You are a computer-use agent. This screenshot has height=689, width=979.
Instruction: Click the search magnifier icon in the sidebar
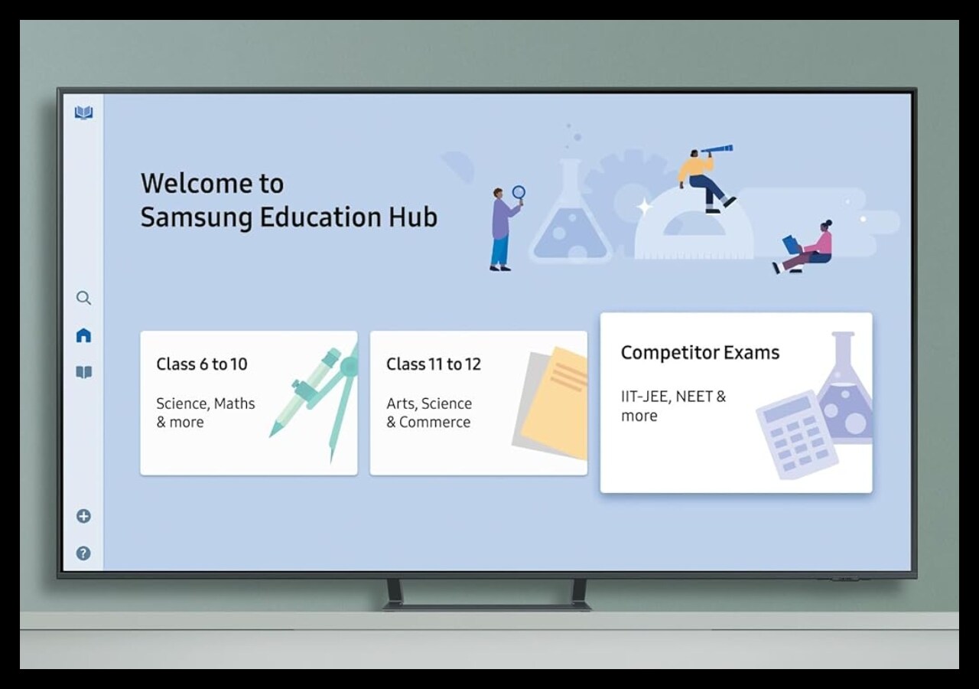coord(83,298)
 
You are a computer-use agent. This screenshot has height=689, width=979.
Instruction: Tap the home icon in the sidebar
coord(83,335)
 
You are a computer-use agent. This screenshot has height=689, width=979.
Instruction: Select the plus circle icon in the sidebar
coord(83,516)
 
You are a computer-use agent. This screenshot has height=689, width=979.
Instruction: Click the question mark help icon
coord(83,553)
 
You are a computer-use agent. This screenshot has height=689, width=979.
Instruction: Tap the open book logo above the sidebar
coord(83,113)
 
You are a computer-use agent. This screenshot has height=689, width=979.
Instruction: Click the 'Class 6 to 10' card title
coord(202,364)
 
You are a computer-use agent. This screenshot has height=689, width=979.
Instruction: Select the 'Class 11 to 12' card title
coord(434,364)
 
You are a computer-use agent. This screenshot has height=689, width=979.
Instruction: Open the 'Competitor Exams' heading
coord(700,353)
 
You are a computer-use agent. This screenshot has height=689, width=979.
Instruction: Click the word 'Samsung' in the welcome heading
coord(197,218)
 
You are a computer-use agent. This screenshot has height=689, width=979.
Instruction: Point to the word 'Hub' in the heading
coord(413,217)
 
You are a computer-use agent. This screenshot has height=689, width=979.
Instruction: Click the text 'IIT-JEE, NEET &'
coord(674,397)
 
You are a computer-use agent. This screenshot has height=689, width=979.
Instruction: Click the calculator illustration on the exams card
coord(797,435)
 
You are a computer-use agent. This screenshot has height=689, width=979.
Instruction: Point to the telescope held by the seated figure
coord(717,149)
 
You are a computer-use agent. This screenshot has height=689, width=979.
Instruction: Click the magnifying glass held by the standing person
coord(519,194)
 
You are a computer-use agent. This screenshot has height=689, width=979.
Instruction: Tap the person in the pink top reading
coord(804,247)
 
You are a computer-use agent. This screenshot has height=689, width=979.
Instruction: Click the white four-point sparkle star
coord(644,207)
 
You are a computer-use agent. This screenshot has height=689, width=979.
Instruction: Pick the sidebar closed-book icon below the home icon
coord(83,372)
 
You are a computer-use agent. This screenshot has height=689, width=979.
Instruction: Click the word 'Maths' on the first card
coord(234,403)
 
